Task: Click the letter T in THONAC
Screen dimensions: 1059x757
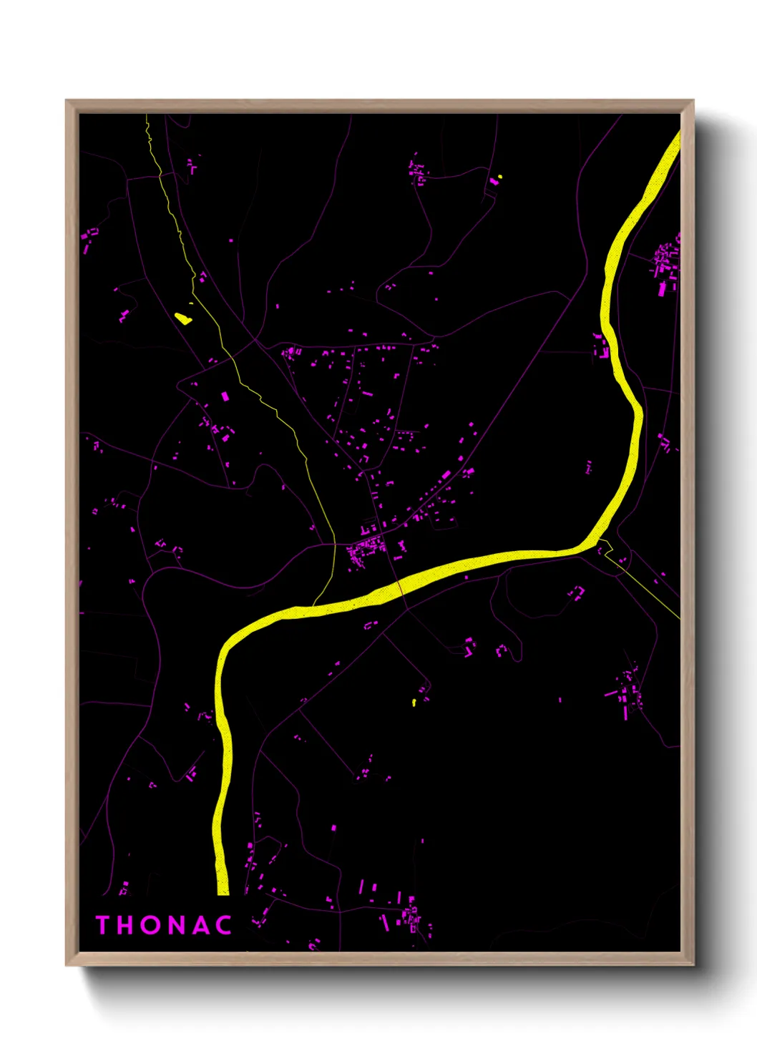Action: (102, 925)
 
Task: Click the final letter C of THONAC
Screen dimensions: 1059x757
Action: (224, 925)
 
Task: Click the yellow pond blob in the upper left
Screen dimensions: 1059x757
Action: (183, 317)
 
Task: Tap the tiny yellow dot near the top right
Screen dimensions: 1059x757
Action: (500, 176)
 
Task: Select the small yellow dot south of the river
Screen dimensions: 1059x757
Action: (414, 703)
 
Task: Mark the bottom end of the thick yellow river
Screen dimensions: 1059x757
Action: (223, 891)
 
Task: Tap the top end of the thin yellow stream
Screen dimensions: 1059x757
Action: (147, 116)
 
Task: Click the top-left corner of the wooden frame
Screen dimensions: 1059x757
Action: (67, 101)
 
